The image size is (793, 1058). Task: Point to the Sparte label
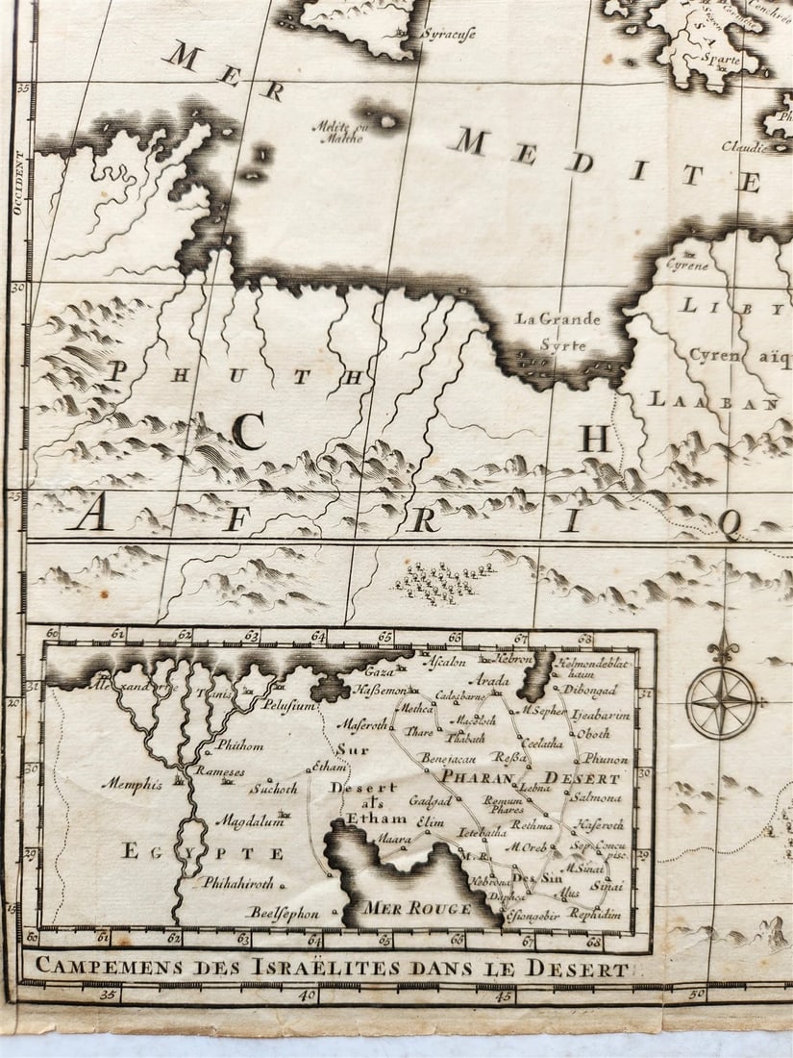point(721,60)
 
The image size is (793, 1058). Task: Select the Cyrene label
point(687,264)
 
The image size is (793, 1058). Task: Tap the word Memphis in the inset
point(132,784)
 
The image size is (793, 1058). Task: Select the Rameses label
point(220,771)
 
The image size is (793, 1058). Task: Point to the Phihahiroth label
point(237,882)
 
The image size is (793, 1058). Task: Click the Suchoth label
point(273,789)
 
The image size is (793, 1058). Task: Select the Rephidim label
point(595,914)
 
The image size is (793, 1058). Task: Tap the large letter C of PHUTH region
point(248,435)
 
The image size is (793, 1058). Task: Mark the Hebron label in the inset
point(513,660)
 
